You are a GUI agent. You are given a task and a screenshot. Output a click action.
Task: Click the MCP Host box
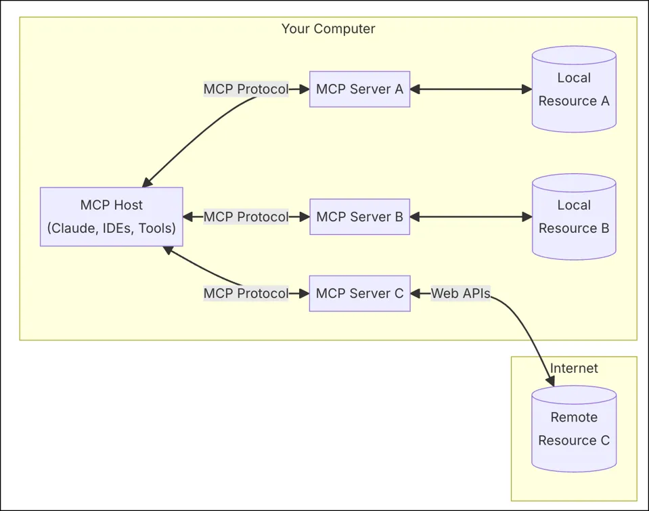click(x=111, y=217)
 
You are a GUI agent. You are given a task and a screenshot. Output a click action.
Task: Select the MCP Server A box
click(x=359, y=89)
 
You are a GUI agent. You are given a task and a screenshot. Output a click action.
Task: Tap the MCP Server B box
click(x=359, y=217)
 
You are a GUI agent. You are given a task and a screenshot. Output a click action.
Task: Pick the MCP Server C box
click(x=359, y=294)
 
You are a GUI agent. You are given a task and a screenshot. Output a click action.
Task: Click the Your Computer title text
click(x=328, y=29)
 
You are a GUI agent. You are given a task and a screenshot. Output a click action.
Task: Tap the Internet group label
click(x=574, y=369)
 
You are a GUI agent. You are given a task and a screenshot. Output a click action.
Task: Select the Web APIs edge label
click(x=461, y=294)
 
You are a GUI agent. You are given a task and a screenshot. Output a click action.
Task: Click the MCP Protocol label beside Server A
click(x=246, y=89)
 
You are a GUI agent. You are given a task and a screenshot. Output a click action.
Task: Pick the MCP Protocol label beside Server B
click(x=246, y=217)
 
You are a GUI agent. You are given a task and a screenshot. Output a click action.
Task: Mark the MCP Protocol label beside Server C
click(x=246, y=294)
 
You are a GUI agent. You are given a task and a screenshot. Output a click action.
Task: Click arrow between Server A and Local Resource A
click(x=471, y=89)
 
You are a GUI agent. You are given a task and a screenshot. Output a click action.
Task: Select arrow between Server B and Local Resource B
click(x=471, y=217)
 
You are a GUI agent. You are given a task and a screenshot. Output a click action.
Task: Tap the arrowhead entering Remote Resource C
click(x=550, y=381)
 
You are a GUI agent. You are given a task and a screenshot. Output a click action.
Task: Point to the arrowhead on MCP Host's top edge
click(x=147, y=183)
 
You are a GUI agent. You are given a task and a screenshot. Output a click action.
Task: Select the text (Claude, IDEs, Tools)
click(x=111, y=228)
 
